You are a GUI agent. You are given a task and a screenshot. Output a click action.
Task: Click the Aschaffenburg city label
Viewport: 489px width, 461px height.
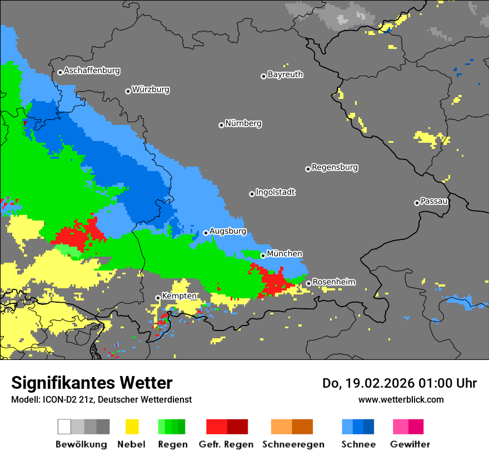pyautogui.click(x=92, y=71)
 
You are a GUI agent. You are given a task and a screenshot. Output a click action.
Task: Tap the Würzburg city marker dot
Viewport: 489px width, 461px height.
pyautogui.click(x=128, y=91)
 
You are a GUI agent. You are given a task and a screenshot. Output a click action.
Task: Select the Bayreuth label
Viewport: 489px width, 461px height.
pyautogui.click(x=285, y=74)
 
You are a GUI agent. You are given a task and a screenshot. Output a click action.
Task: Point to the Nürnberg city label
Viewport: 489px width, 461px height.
pyautogui.click(x=243, y=124)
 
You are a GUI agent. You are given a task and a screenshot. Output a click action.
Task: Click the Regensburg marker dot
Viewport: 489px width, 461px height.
pyautogui.click(x=308, y=169)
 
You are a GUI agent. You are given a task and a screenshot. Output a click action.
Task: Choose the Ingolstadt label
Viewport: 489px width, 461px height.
pyautogui.click(x=276, y=193)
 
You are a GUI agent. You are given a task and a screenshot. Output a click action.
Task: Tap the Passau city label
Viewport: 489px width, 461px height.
pyautogui.click(x=435, y=201)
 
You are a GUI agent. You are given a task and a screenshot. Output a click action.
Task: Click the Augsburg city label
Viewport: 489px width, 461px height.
pyautogui.click(x=228, y=231)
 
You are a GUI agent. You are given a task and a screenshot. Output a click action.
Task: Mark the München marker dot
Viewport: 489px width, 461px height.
pyautogui.click(x=263, y=255)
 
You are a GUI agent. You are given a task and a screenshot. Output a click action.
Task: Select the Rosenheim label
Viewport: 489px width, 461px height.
pyautogui.click(x=333, y=282)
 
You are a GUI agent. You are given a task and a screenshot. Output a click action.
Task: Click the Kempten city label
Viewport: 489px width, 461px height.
pyautogui.click(x=179, y=296)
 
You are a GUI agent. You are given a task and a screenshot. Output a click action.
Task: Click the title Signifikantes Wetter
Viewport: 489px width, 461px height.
pyautogui.click(x=92, y=383)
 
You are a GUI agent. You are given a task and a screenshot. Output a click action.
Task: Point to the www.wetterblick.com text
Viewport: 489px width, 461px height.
pyautogui.click(x=401, y=399)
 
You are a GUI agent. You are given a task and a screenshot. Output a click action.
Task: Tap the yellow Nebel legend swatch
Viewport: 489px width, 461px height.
pyautogui.click(x=132, y=427)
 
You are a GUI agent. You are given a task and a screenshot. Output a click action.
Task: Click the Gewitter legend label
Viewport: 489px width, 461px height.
pyautogui.click(x=410, y=444)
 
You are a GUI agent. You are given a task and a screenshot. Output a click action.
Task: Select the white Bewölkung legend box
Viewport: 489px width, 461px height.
pyautogui.click(x=64, y=427)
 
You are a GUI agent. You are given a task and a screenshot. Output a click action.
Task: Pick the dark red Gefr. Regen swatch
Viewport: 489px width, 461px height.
pyautogui.click(x=237, y=427)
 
